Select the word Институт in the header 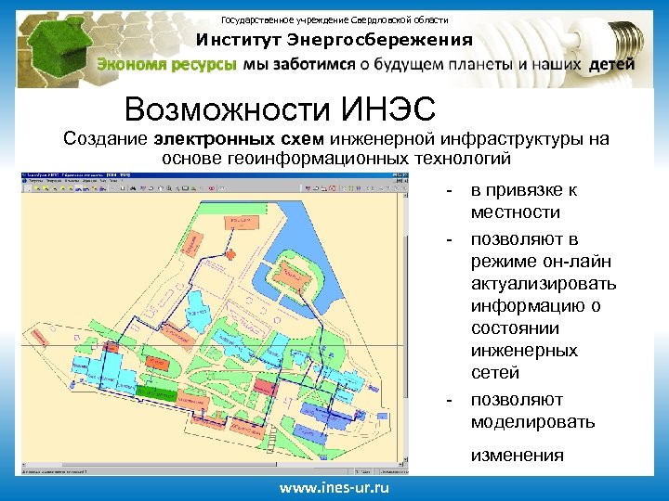pos(238,40)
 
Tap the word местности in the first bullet pos(515,213)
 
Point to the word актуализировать pos(544,284)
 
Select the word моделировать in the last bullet pos(533,422)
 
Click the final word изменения pos(517,455)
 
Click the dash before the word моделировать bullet pos(450,400)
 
